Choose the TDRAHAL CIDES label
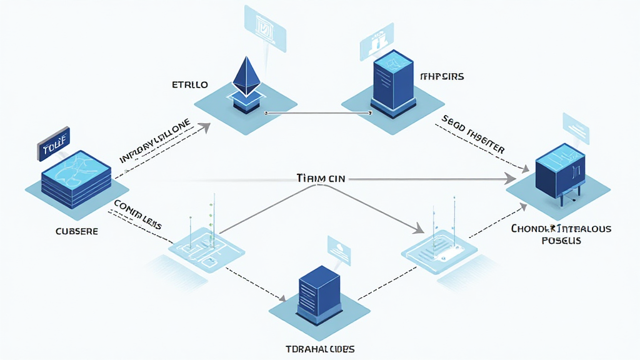coord(319,348)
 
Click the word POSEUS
coord(561,241)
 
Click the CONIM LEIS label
coord(138,213)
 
